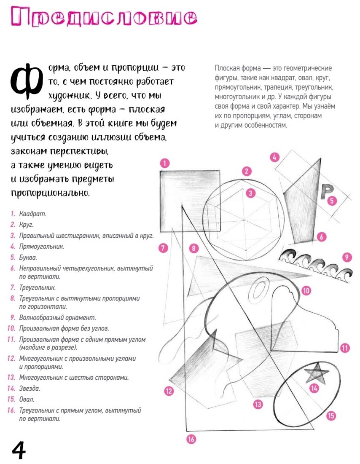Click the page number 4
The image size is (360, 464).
point(19,451)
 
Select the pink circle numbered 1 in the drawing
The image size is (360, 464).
point(165,163)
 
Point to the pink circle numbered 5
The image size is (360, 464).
point(332,201)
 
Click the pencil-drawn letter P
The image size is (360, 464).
point(325,191)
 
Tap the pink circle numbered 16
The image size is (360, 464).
point(191,439)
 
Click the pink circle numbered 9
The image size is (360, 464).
point(347,257)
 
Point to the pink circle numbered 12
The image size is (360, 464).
point(169,391)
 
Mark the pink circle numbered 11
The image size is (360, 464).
point(345,348)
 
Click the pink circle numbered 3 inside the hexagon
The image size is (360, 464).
point(251,193)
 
